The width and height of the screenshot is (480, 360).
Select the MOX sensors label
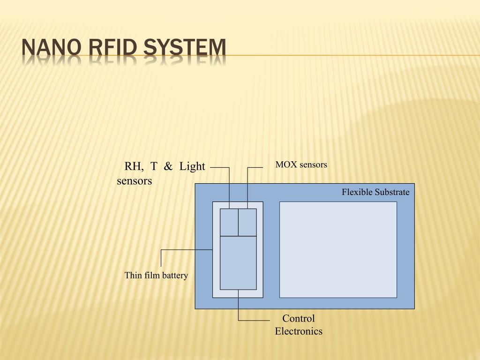click(301, 165)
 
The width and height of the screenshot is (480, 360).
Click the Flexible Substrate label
click(375, 192)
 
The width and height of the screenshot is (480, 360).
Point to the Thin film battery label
click(156, 276)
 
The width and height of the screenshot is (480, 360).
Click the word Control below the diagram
click(299, 318)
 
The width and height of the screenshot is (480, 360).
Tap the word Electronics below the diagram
click(299, 331)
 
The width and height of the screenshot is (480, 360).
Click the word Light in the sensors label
click(192, 166)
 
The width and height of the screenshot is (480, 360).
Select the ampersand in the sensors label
click(168, 166)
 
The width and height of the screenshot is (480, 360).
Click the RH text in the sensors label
click(134, 167)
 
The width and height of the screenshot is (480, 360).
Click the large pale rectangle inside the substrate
click(338, 249)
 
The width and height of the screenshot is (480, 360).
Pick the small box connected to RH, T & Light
click(229, 223)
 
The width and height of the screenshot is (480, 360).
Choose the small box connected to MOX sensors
click(247, 223)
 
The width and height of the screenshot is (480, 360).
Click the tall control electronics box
click(238, 263)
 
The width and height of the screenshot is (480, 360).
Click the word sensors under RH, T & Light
click(135, 181)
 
